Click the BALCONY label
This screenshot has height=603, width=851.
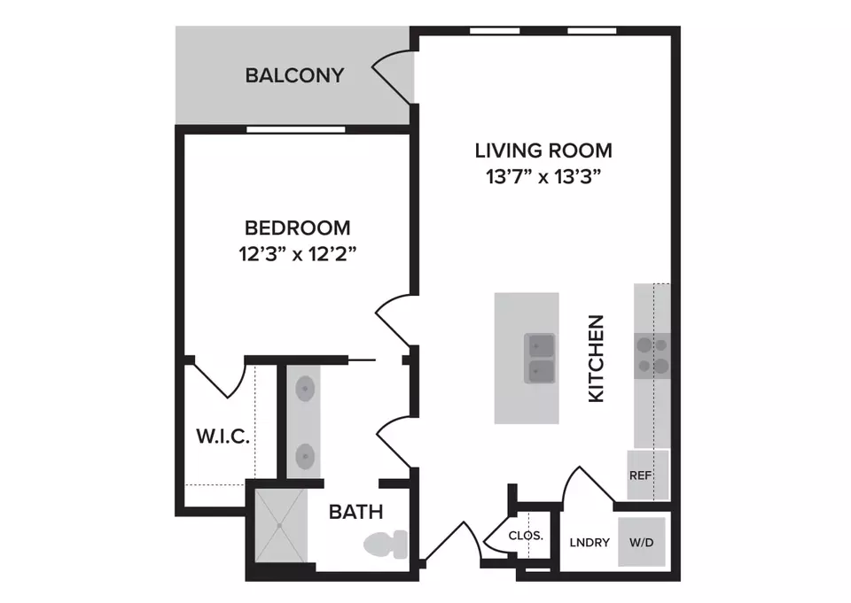pyautogui.click(x=294, y=75)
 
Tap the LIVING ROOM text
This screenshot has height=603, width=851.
pyautogui.click(x=543, y=151)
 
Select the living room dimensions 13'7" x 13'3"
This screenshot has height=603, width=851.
pyautogui.click(x=543, y=176)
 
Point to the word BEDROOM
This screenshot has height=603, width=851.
pyautogui.click(x=298, y=228)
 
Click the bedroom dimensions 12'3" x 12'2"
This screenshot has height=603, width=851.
pyautogui.click(x=298, y=253)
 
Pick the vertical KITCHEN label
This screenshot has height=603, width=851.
pyautogui.click(x=597, y=359)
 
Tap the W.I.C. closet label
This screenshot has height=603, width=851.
pyautogui.click(x=223, y=436)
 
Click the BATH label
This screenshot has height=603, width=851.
pyautogui.click(x=356, y=512)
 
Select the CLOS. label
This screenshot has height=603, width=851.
pyautogui.click(x=526, y=536)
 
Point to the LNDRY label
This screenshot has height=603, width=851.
pyautogui.click(x=589, y=542)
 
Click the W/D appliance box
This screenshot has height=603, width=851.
pyautogui.click(x=642, y=542)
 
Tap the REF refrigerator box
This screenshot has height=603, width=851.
pyautogui.click(x=648, y=475)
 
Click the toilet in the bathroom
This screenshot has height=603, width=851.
pyautogui.click(x=386, y=545)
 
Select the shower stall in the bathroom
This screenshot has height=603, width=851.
pyautogui.click(x=281, y=525)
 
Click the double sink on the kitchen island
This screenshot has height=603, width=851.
pyautogui.click(x=540, y=358)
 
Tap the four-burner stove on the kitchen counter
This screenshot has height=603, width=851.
pyautogui.click(x=652, y=356)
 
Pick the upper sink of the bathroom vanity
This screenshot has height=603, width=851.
pyautogui.click(x=305, y=389)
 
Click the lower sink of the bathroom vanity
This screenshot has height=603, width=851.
pyautogui.click(x=305, y=457)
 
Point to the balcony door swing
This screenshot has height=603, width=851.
pyautogui.click(x=392, y=76)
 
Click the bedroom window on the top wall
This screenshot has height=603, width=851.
pyautogui.click(x=296, y=129)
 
